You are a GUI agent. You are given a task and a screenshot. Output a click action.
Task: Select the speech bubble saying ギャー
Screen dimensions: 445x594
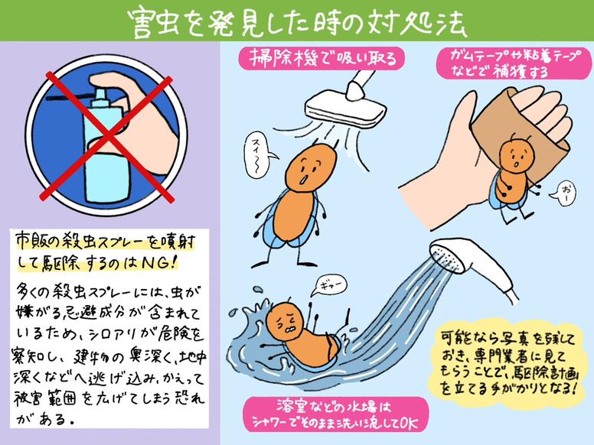321,284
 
